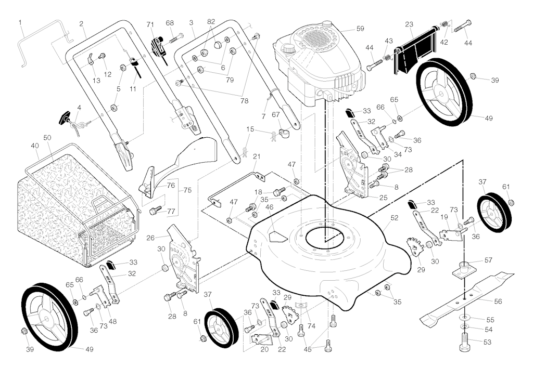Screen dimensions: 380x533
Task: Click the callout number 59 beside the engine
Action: [360, 29]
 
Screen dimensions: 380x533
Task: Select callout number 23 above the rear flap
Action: [409, 24]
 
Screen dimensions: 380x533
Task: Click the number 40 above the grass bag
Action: [35, 146]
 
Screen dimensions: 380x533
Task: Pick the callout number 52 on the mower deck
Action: [394, 219]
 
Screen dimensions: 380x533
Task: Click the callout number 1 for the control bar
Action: [20, 22]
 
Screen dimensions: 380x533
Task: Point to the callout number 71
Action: [150, 24]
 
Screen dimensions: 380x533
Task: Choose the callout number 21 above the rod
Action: [256, 156]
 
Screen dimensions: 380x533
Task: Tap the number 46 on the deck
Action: [269, 207]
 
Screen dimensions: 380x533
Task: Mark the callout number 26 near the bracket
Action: [150, 238]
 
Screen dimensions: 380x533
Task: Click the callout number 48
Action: [112, 321]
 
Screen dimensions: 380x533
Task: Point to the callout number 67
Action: [276, 114]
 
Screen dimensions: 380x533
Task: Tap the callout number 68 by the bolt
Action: [170, 23]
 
